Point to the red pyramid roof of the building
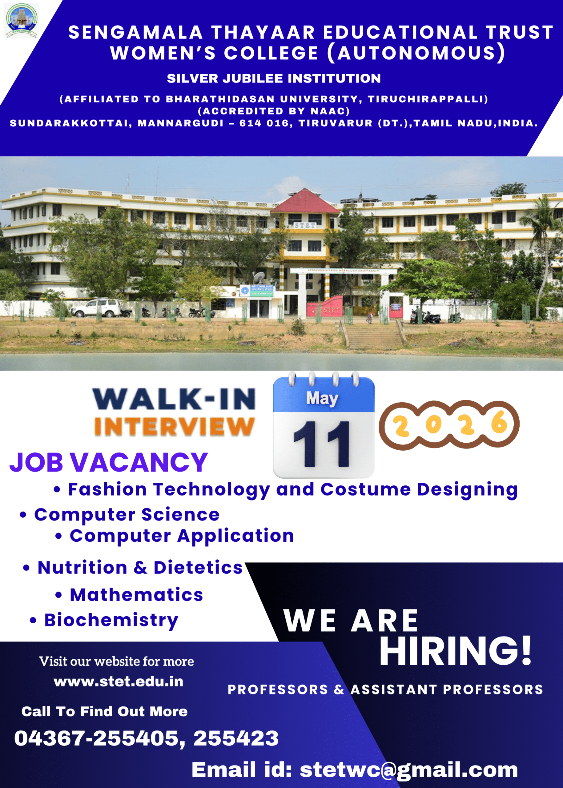pyautogui.click(x=305, y=201)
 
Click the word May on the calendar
pyautogui.click(x=322, y=398)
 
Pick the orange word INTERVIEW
pyautogui.click(x=174, y=426)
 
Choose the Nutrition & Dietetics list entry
pyautogui.click(x=133, y=568)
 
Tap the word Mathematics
pyautogui.click(x=136, y=595)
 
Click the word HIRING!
pyautogui.click(x=456, y=651)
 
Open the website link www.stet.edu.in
pyautogui.click(x=119, y=681)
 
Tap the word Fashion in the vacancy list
pyautogui.click(x=107, y=489)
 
